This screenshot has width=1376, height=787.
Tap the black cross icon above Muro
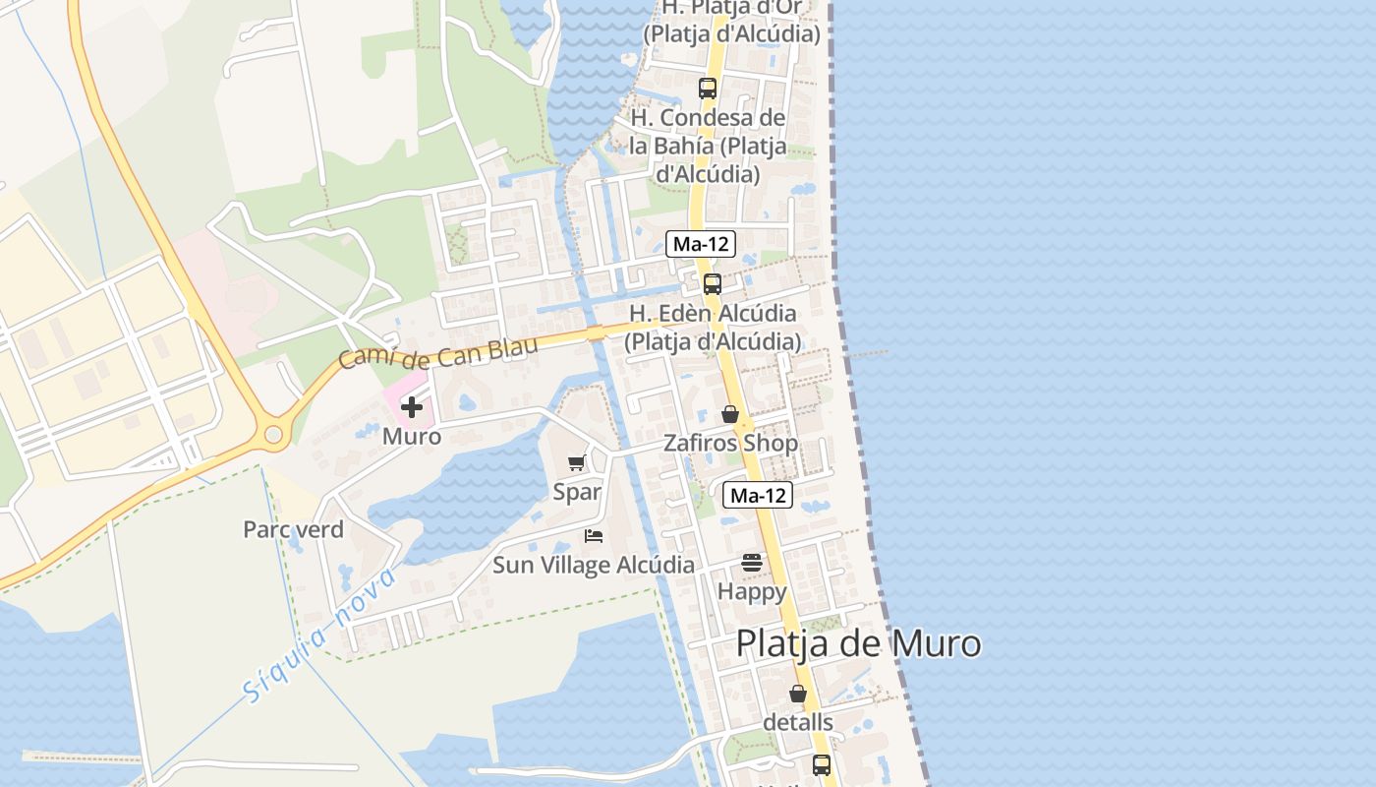tap(412, 407)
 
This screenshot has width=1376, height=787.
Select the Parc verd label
tap(293, 529)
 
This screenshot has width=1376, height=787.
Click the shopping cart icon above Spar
tap(577, 463)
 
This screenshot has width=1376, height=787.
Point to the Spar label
tap(577, 492)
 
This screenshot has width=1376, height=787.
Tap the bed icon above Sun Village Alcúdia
tap(594, 536)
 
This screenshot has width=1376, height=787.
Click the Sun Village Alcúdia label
tap(594, 566)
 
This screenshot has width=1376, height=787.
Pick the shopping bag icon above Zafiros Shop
tap(730, 414)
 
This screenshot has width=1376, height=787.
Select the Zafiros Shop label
tap(730, 443)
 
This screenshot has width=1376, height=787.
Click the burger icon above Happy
tap(752, 563)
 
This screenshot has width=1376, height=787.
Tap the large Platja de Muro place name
tap(858, 643)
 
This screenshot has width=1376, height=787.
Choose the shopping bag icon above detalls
tap(798, 694)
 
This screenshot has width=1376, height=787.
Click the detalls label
tap(798, 722)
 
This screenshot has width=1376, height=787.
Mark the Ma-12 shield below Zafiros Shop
tap(758, 495)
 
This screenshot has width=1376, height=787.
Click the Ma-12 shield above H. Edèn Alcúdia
tap(700, 244)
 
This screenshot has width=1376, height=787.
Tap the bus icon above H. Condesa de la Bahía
tap(708, 89)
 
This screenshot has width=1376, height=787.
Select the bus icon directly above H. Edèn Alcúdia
tap(713, 284)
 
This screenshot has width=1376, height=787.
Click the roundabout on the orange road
tap(273, 434)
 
